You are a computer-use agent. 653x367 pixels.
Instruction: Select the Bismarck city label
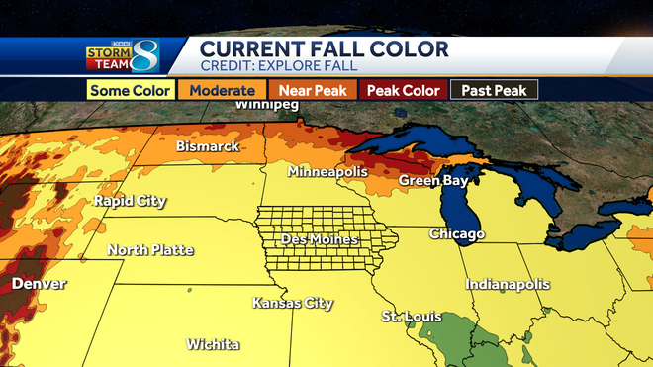(208, 146)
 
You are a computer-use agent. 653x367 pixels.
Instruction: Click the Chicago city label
(456, 234)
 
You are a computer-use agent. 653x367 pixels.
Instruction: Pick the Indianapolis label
(508, 284)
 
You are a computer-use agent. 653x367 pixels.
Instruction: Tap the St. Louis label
(411, 317)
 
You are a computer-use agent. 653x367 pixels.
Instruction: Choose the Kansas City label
(292, 303)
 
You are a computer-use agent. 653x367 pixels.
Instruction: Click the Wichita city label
(213, 344)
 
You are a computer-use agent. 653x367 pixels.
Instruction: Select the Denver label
(39, 284)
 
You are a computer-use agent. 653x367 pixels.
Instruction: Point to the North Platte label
(150, 249)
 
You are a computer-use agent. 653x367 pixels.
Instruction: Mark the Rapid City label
(129, 201)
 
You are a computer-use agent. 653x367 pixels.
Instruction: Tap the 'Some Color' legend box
(130, 89)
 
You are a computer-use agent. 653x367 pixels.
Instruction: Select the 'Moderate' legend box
(223, 89)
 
